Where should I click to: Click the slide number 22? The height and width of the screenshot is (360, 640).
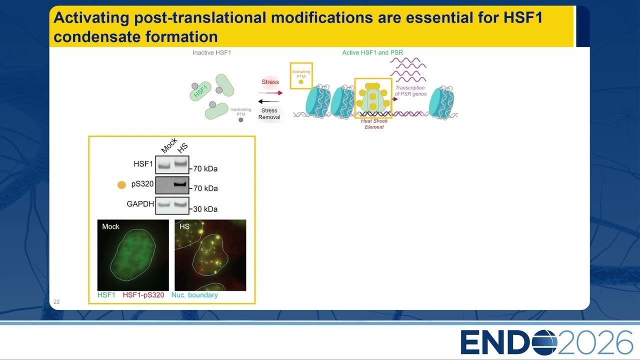pos(56,301)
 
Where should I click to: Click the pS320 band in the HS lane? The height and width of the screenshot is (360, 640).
pos(180,184)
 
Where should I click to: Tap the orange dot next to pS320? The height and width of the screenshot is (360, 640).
pos(121,185)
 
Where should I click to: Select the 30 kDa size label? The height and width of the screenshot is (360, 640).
pos(205,209)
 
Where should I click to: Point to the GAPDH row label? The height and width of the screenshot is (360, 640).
pos(140,204)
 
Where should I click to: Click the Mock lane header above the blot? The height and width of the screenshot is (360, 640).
pos(169,145)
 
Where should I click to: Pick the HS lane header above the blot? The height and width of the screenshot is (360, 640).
pos(182,147)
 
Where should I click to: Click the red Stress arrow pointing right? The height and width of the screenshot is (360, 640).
pos(270,93)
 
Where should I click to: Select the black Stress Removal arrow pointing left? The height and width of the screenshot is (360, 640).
pos(269,101)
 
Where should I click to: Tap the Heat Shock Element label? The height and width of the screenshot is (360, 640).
pos(374,124)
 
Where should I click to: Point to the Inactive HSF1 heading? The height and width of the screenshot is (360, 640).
pos(211,52)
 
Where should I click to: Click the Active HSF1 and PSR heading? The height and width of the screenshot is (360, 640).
pos(372,52)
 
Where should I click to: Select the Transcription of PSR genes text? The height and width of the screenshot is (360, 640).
pos(410,91)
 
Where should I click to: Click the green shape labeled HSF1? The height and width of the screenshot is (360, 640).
pos(200,91)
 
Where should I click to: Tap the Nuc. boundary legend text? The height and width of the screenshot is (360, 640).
pos(194,295)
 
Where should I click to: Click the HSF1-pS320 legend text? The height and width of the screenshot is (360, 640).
pos(143,295)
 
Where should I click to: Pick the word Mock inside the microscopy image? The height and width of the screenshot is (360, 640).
pos(110,226)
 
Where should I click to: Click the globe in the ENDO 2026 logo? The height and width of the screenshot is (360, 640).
pos(544,342)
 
